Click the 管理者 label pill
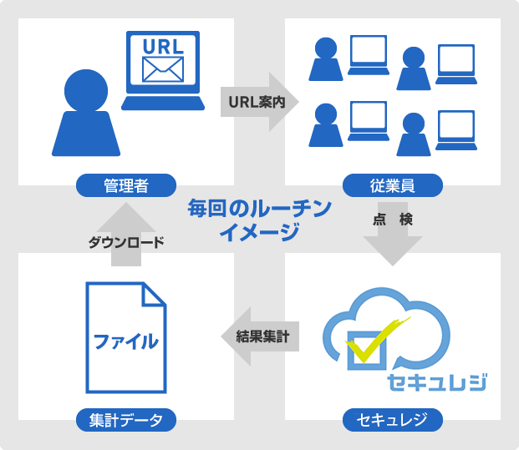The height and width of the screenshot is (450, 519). coord(126,185)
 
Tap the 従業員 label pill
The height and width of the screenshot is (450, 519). coord(393,185)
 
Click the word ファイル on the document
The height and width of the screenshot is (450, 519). coord(125,340)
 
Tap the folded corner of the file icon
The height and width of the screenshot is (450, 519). coord(152,295)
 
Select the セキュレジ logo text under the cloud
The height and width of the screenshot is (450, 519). coord(437,382)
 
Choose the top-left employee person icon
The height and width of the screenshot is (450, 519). coord(325,58)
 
